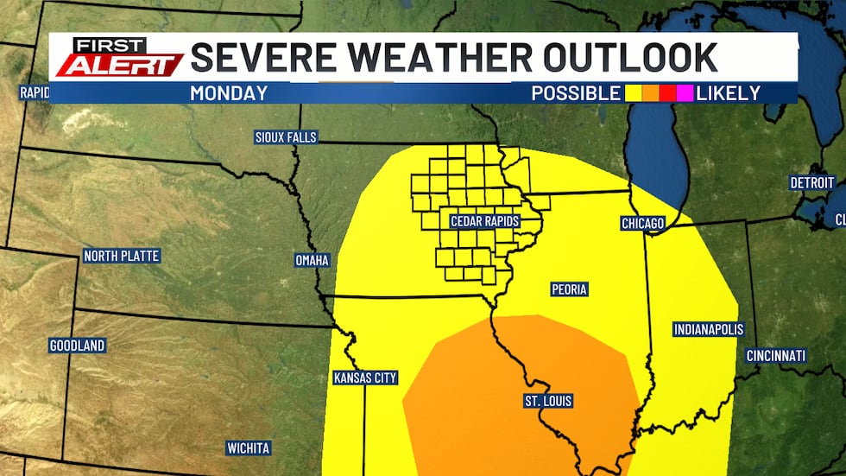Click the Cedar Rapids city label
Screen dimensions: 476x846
(x=484, y=222)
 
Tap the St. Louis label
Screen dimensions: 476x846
(x=548, y=401)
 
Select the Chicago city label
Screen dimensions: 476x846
(x=643, y=224)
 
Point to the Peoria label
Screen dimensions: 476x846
(x=569, y=289)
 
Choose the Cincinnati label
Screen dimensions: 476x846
(x=777, y=356)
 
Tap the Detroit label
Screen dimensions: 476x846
(x=812, y=182)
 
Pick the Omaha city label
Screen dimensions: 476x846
(x=312, y=260)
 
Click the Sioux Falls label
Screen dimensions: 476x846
(x=286, y=137)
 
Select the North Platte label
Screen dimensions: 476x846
(x=122, y=256)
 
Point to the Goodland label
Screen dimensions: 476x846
(x=77, y=346)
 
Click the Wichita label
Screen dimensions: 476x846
(x=249, y=447)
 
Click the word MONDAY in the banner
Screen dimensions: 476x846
(x=229, y=93)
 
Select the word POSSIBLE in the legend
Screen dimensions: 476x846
(x=575, y=93)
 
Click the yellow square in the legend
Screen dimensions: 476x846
(x=633, y=93)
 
